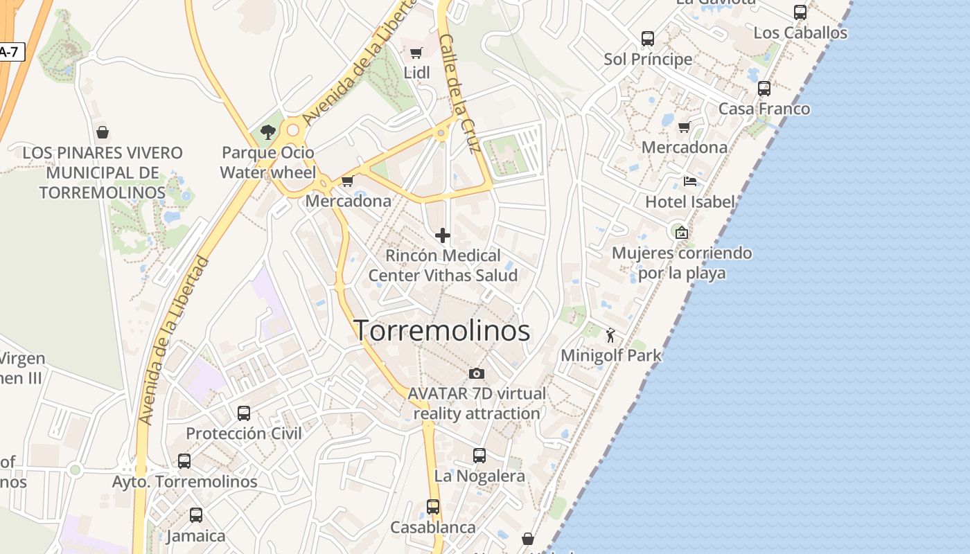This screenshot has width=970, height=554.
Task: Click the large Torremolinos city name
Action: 442,330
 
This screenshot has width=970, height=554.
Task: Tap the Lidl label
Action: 416,73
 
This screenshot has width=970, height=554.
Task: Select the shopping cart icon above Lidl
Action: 416,53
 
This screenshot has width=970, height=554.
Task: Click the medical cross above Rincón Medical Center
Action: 443,235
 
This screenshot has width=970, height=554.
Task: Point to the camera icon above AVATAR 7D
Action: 477,374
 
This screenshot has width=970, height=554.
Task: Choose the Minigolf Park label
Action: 611,356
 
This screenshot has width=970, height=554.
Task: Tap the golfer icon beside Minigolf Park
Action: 610,336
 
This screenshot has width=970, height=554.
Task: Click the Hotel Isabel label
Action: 690,202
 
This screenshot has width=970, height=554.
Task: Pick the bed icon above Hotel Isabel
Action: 690,181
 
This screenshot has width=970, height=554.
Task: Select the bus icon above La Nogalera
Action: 479,456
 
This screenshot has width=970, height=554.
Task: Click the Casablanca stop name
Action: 433,528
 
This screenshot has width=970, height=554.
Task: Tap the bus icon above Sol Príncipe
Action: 648,39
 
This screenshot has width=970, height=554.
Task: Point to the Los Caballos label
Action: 800,33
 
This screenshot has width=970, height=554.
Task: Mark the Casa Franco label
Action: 764,109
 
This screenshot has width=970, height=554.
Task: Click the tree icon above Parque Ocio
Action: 268,132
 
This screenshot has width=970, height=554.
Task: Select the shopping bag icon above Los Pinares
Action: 103,132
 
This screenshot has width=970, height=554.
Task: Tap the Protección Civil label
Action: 244,434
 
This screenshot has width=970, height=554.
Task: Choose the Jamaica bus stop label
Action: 196,536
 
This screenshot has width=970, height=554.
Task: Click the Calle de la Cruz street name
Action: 460,93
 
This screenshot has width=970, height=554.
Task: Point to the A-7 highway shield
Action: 10,52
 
